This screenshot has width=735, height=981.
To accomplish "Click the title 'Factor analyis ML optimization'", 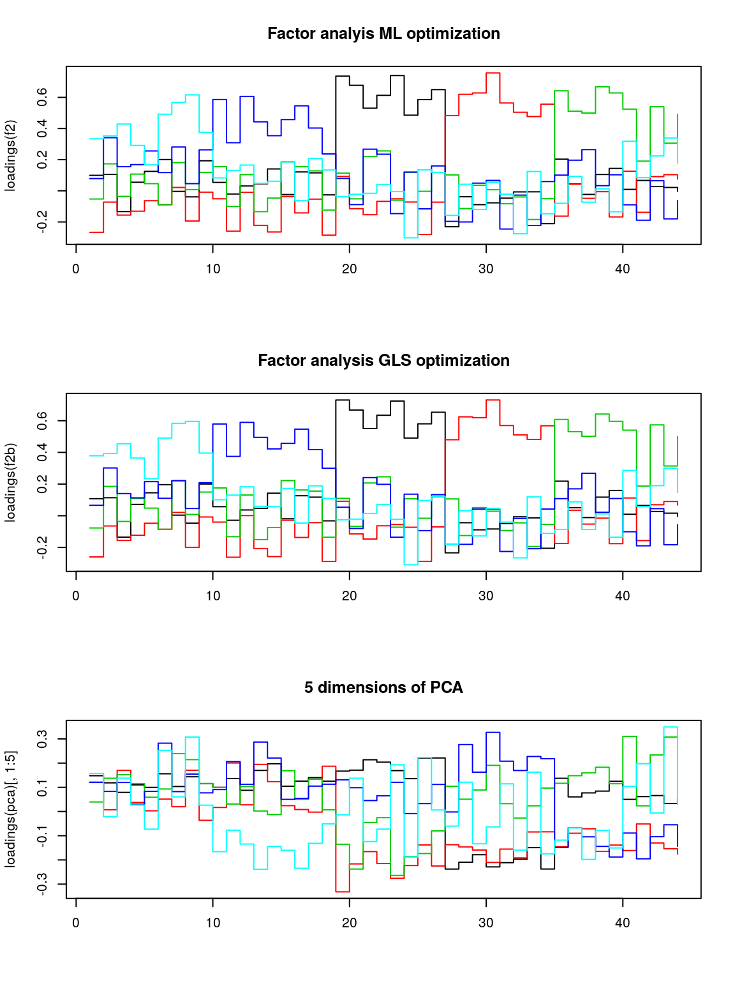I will point(383,34).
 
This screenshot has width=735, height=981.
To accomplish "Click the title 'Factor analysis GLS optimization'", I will point(383,361).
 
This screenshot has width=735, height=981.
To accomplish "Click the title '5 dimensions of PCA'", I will point(383,688).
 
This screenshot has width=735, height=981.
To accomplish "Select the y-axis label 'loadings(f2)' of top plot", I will point(10,155).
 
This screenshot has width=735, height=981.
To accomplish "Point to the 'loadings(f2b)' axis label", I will point(10,482).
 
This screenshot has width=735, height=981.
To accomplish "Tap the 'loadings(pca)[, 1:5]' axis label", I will point(10,809).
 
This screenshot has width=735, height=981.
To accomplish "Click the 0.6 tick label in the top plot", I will point(43,97).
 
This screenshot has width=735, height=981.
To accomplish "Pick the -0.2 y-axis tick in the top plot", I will point(43,222).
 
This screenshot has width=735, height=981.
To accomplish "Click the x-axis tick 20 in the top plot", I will point(349,269).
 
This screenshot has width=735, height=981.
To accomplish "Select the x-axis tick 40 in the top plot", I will point(622,269).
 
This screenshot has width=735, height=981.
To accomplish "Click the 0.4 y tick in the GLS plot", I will point(43,453).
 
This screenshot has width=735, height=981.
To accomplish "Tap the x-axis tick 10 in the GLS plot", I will point(212,596).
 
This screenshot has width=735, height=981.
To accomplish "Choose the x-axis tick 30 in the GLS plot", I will point(486,596).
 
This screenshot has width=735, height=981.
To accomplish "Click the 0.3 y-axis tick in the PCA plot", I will point(43,739).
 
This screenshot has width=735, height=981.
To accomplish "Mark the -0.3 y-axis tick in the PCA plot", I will point(43,884).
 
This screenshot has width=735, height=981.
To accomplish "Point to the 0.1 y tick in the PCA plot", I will point(43,787).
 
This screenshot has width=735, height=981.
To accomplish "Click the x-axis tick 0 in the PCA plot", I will point(76,923).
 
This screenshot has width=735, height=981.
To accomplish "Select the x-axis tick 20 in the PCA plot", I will point(349,923).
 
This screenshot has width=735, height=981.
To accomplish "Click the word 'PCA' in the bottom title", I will point(447,688).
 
